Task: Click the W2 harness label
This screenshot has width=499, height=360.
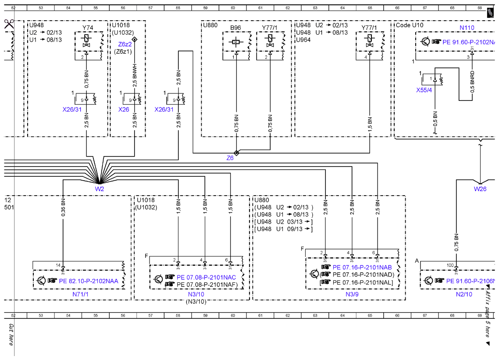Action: [x=99, y=189]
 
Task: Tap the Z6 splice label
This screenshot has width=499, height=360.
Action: [x=230, y=158]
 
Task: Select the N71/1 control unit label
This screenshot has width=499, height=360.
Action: [x=81, y=294]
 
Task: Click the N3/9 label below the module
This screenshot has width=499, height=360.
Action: [x=352, y=294]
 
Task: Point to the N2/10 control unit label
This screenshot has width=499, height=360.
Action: [x=464, y=294]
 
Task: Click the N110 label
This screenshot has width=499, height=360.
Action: [x=467, y=28]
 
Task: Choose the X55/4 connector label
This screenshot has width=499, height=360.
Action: [x=424, y=90]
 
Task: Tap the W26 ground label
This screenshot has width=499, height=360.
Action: [x=480, y=189]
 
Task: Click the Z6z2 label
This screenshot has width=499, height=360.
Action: [x=125, y=44]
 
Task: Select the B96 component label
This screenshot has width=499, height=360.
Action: [x=235, y=28]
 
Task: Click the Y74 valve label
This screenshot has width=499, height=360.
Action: [x=88, y=28]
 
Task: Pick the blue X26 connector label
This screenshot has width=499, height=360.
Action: [x=124, y=110]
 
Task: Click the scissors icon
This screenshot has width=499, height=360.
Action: [x=9, y=24]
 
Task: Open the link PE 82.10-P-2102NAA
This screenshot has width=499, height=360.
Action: [x=89, y=281]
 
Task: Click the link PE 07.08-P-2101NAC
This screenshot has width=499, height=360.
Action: [x=206, y=278]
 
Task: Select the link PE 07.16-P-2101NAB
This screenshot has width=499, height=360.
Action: [x=362, y=267]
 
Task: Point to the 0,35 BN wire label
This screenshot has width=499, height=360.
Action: [x=63, y=207]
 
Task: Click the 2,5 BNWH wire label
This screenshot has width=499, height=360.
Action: [x=135, y=75]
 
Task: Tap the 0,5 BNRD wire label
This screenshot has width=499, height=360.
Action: [x=472, y=82]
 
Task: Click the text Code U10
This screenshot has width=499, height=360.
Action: [x=410, y=25]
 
